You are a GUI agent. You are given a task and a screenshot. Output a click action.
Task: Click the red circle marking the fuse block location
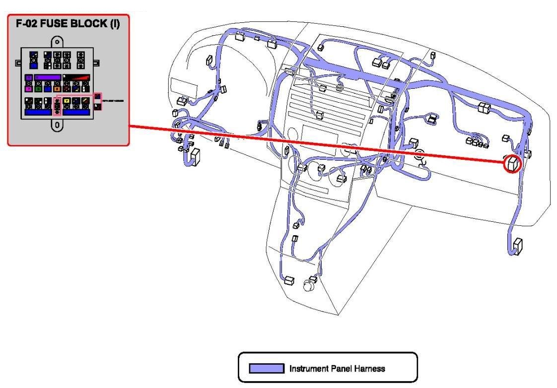[x=512, y=164]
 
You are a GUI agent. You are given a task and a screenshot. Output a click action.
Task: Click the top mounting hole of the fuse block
[x=58, y=42]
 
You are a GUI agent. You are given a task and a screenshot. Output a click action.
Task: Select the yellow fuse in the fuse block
[x=67, y=101]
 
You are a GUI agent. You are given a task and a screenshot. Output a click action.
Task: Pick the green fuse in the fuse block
[x=38, y=89]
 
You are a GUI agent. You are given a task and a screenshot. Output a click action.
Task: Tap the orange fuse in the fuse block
[x=57, y=89]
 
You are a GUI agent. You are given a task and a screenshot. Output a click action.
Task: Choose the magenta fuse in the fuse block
[x=29, y=89]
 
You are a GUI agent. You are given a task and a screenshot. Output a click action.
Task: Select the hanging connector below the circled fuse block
[x=517, y=246]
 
